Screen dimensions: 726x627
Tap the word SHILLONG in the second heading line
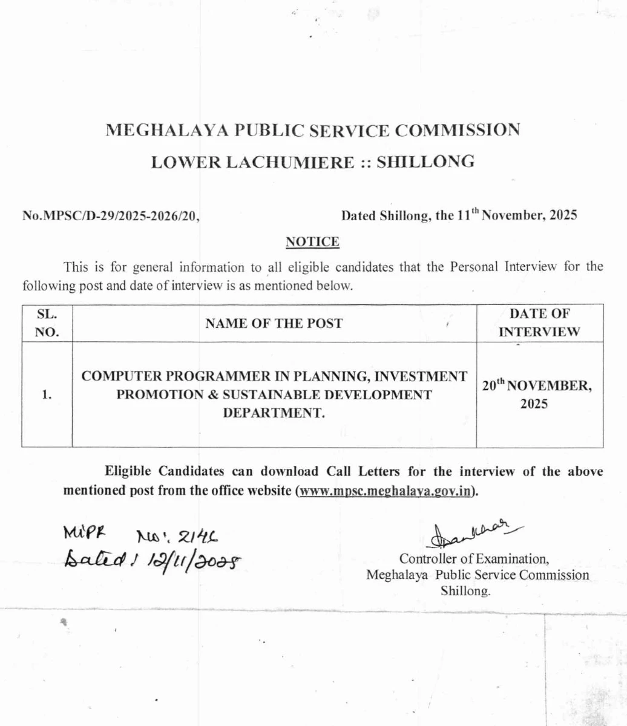tap(425, 162)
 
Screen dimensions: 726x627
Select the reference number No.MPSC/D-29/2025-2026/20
tap(111, 215)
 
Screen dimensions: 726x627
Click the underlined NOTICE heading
tap(312, 242)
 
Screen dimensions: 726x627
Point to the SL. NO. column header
tap(47, 323)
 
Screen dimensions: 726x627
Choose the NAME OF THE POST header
tap(274, 324)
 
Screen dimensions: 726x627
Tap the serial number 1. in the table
tap(47, 395)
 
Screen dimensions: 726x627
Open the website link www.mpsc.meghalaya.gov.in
tap(386, 491)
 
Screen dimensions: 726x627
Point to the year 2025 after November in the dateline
tap(562, 215)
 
